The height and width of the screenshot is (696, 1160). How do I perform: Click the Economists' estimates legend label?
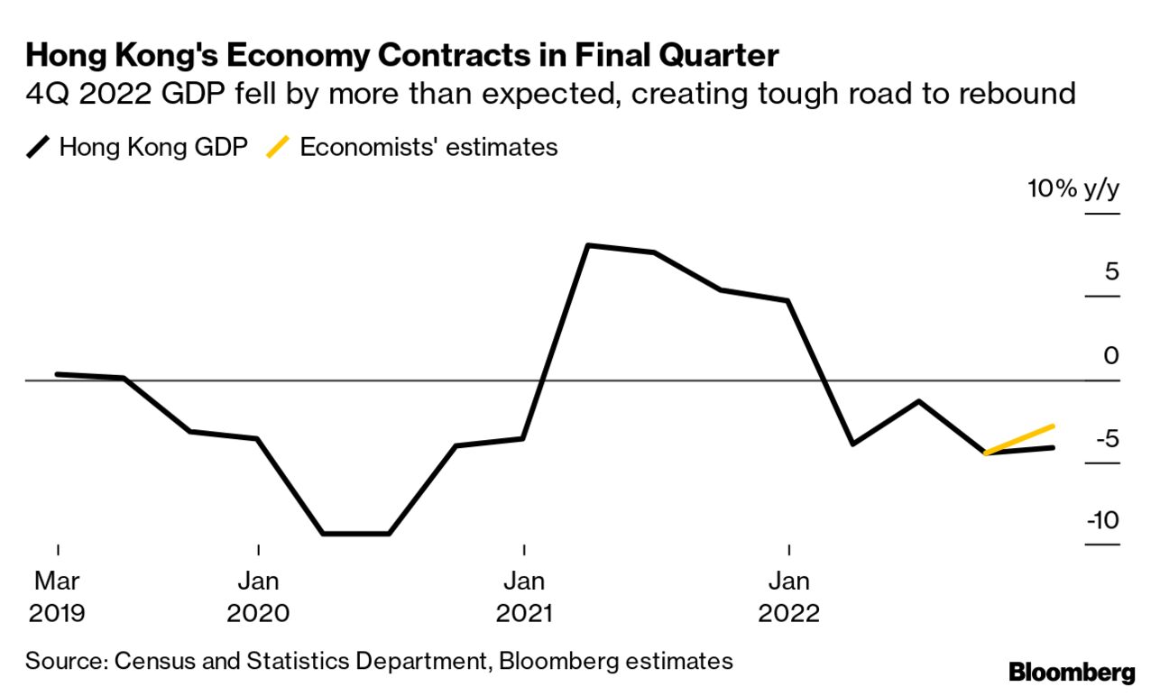point(428,147)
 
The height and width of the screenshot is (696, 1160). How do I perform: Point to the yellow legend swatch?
point(280,147)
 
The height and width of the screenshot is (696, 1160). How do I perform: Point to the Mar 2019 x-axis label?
point(58,596)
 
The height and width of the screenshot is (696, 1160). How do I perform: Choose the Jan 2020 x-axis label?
point(258,596)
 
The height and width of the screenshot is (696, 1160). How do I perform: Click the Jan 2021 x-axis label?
point(524,596)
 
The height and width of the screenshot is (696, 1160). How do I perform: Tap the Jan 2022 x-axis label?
point(789,596)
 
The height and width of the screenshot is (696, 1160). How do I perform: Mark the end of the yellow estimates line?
point(1054,426)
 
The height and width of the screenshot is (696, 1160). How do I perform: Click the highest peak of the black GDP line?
point(587,245)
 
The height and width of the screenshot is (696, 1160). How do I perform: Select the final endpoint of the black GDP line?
point(1054,447)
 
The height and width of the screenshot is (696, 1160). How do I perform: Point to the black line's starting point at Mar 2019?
point(58,373)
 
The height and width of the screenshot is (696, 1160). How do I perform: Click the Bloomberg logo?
point(1072,672)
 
